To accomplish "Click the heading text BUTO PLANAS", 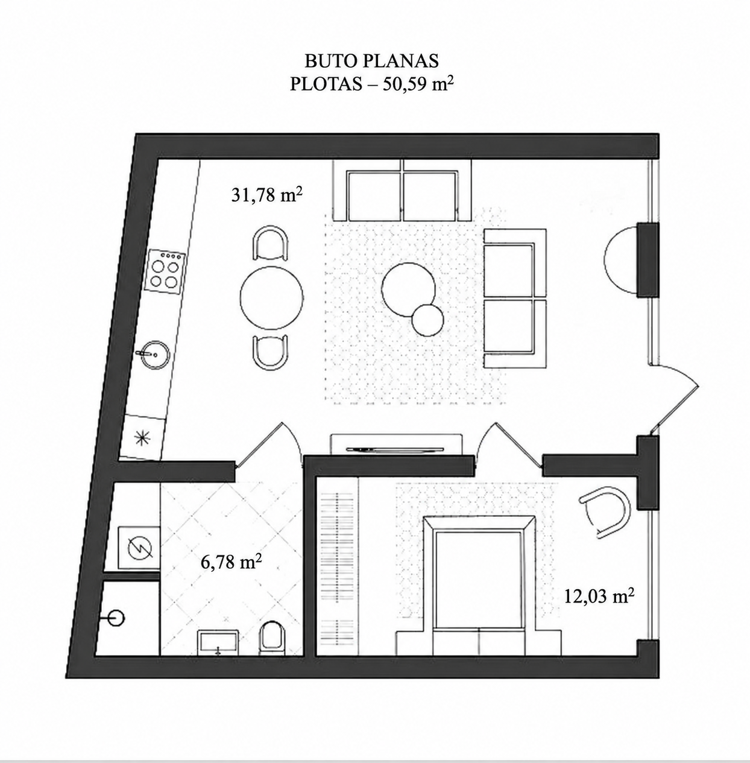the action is (371, 61).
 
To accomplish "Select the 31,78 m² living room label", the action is (267, 195).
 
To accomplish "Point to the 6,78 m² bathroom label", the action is (231, 562).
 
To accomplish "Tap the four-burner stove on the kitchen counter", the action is (166, 272).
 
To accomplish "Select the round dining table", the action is (271, 297).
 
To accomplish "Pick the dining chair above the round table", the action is (270, 242).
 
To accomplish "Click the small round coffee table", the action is (427, 320).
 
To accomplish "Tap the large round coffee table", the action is (408, 290).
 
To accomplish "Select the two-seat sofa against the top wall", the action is (403, 189).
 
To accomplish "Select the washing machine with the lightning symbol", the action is (140, 549).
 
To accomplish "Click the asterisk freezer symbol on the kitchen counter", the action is (143, 437).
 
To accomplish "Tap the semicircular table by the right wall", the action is (620, 259).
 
